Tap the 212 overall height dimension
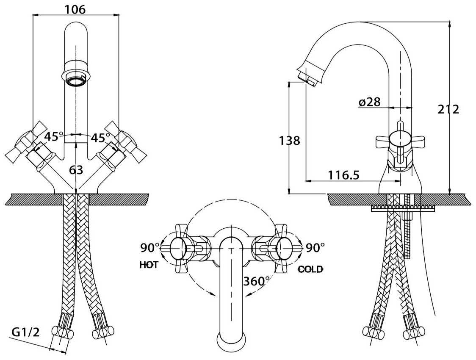[448, 109]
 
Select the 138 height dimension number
[289, 140]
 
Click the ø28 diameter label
[369, 102]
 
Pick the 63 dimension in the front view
[76, 170]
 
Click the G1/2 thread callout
[25, 332]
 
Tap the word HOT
[149, 265]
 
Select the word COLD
[310, 269]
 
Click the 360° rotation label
[257, 281]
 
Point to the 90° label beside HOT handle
[150, 247]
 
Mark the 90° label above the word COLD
[314, 247]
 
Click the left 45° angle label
[54, 137]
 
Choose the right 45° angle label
[100, 138]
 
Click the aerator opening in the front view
[76, 81]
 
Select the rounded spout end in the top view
[231, 341]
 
